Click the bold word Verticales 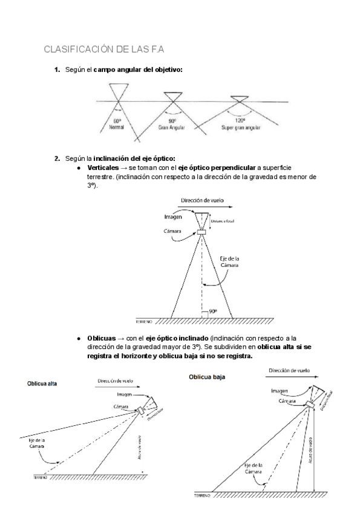point(104,167)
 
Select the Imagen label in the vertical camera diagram point(174,216)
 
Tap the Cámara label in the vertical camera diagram point(175,230)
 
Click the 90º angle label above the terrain point(212,312)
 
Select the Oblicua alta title point(41,384)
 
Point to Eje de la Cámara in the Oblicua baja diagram point(254,468)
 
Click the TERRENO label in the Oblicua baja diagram point(203,495)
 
